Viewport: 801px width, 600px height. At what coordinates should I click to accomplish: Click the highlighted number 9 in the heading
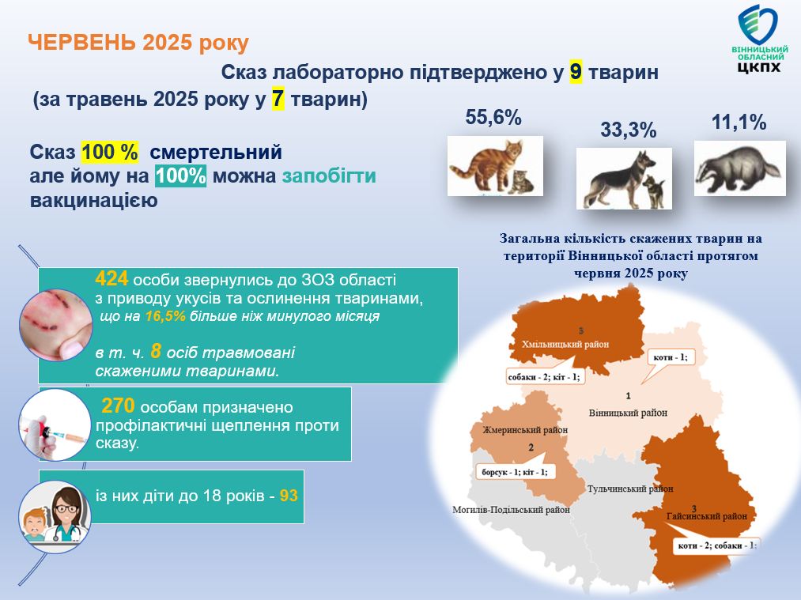click(x=576, y=72)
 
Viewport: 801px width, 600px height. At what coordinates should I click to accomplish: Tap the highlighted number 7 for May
click(x=278, y=99)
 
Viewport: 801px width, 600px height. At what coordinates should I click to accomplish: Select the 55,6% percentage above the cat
click(x=493, y=118)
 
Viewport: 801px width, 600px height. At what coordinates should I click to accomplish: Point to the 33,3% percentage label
click(x=628, y=130)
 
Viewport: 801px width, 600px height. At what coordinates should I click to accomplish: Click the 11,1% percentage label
click(x=739, y=123)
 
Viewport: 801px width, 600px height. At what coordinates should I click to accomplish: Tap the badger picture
click(x=739, y=168)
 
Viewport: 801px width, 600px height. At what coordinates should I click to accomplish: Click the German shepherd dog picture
click(x=624, y=179)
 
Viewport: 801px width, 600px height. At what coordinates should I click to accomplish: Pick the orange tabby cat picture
click(x=495, y=166)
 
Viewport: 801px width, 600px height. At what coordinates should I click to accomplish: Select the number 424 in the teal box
click(x=111, y=279)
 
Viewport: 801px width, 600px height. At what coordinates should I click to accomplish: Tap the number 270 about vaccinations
click(x=118, y=406)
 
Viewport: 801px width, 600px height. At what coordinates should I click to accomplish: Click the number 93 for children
click(x=289, y=496)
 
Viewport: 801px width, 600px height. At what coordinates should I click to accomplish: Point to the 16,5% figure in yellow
click(x=165, y=316)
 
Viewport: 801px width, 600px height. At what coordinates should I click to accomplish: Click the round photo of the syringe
click(x=55, y=425)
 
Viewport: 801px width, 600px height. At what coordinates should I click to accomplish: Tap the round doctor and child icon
click(x=55, y=516)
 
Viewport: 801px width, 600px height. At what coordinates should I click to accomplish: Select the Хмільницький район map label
click(x=565, y=344)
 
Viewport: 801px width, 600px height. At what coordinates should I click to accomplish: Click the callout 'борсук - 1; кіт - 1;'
click(x=515, y=472)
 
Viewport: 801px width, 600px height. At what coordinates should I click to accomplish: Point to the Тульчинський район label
click(x=630, y=489)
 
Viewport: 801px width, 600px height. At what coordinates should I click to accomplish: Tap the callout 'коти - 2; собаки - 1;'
click(x=716, y=545)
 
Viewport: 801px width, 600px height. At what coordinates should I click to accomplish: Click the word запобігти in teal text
click(x=329, y=175)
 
